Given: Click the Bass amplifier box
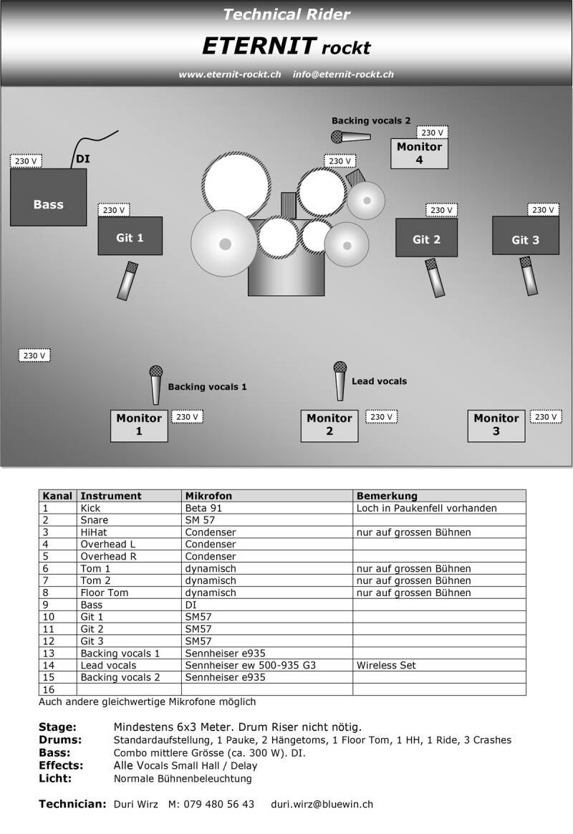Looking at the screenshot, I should pyautogui.click(x=48, y=197).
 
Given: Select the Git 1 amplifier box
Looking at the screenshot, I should pyautogui.click(x=130, y=236).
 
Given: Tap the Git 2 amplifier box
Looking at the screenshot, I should pyautogui.click(x=426, y=237).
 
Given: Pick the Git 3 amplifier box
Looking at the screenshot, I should pyautogui.click(x=525, y=236).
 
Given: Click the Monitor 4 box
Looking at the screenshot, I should pyautogui.click(x=419, y=153).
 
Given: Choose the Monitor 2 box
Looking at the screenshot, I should pyautogui.click(x=329, y=425).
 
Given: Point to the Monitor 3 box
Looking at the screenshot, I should pyautogui.click(x=496, y=425).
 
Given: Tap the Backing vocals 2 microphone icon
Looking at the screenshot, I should pyautogui.click(x=350, y=136).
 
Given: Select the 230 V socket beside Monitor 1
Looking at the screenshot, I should pyautogui.click(x=187, y=416).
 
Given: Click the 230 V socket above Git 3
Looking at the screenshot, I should pyautogui.click(x=543, y=210).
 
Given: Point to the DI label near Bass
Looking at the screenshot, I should pyautogui.click(x=83, y=159).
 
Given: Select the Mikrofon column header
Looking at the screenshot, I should pyautogui.click(x=208, y=496).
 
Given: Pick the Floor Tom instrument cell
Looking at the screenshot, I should pyautogui.click(x=104, y=593).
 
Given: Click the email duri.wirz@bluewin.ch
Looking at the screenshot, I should pyautogui.click(x=322, y=804).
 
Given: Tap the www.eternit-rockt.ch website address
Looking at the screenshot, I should pyautogui.click(x=229, y=75).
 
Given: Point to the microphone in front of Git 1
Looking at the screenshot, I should pyautogui.click(x=127, y=280).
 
